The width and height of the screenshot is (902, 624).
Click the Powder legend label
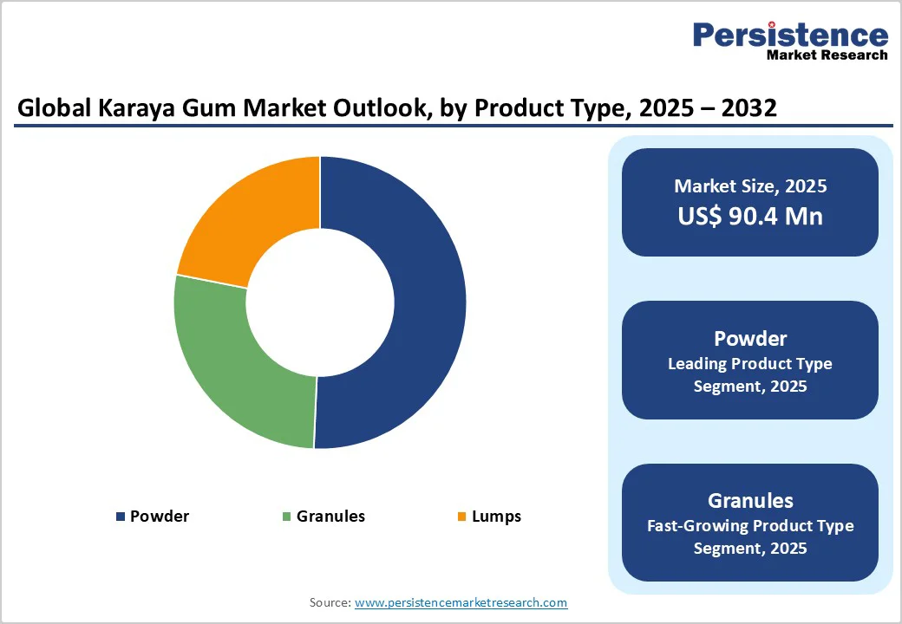[160, 517]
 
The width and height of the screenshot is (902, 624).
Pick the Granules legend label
[330, 517]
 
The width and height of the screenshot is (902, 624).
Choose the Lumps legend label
[496, 517]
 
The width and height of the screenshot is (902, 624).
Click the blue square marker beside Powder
[121, 517]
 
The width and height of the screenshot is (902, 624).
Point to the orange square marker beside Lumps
[462, 517]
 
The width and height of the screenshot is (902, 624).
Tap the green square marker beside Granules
[286, 517]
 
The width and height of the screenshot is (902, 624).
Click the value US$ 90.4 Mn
[750, 216]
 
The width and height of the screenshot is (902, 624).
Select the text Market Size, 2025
[750, 186]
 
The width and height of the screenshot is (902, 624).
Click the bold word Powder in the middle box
[750, 338]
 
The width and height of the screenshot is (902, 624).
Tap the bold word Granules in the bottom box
[750, 500]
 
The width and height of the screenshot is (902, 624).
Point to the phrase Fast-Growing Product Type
[750, 525]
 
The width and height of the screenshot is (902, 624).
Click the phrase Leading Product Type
[750, 363]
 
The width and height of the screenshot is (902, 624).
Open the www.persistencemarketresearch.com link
[461, 602]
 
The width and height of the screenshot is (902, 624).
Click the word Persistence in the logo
[790, 35]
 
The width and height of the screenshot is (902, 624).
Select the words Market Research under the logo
[827, 55]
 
